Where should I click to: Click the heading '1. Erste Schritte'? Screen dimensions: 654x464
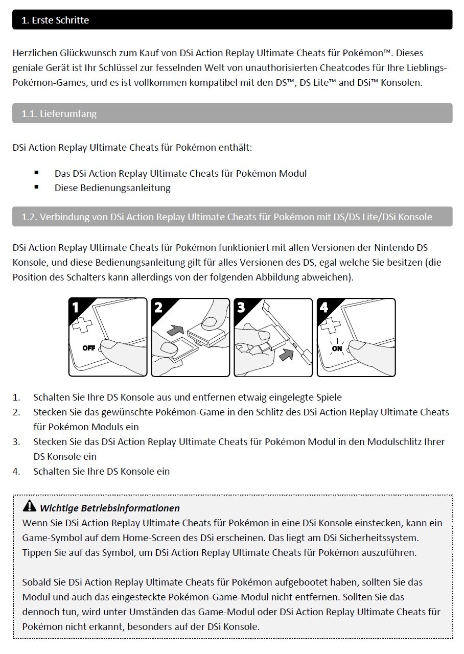coord(55,20)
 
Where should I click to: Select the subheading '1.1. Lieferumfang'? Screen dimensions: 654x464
coord(59,113)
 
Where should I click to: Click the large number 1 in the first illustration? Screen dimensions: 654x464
coord(76,308)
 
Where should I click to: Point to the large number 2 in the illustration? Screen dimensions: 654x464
coord(159,308)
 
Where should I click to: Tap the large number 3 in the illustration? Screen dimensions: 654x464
coord(241,308)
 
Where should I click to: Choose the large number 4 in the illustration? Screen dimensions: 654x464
coord(324,308)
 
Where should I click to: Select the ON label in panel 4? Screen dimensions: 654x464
coord(337,348)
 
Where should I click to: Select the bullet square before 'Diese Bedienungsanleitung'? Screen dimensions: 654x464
coord(37,188)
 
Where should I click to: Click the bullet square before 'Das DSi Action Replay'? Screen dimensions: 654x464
coord(37,173)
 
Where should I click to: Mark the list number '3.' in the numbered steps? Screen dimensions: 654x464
coord(17,441)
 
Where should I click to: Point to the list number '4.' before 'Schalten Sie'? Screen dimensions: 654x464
coord(17,471)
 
